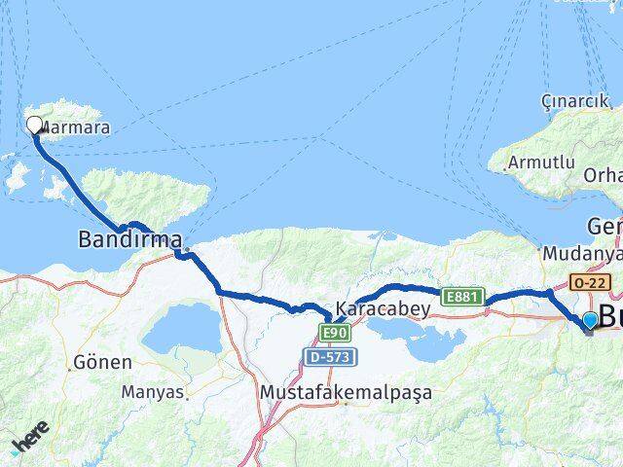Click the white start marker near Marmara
[35, 125]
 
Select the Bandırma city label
[130, 238]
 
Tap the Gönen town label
[102, 362]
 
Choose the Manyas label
[152, 392]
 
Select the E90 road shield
[336, 334]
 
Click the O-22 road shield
[590, 282]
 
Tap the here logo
[29, 443]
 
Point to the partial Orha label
[603, 175]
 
